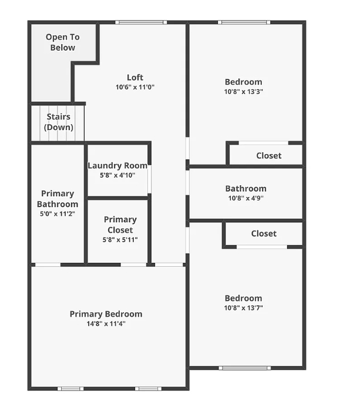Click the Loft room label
pyautogui.click(x=134, y=78)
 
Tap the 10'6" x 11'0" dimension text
pyautogui.click(x=134, y=88)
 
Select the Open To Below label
pyautogui.click(x=62, y=42)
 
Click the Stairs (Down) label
pyautogui.click(x=59, y=122)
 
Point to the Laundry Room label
pyautogui.click(x=117, y=166)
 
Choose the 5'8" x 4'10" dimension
pyautogui.click(x=117, y=175)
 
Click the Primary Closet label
pyautogui.click(x=120, y=225)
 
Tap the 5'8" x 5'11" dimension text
pyautogui.click(x=120, y=239)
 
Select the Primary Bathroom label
pyautogui.click(x=58, y=199)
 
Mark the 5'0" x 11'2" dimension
pyautogui.click(x=58, y=214)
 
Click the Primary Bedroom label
pyautogui.click(x=106, y=314)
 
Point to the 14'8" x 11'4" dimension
pyautogui.click(x=106, y=323)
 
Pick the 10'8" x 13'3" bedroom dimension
pyautogui.click(x=243, y=92)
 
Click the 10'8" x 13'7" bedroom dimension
pyautogui.click(x=243, y=308)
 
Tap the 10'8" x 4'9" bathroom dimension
pyautogui.click(x=245, y=198)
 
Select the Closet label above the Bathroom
pyautogui.click(x=268, y=156)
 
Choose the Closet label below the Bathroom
pyautogui.click(x=264, y=233)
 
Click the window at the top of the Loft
pyautogui.click(x=141, y=23)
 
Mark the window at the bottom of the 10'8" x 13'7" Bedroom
pyautogui.click(x=245, y=368)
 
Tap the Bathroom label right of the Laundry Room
pyautogui.click(x=245, y=189)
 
